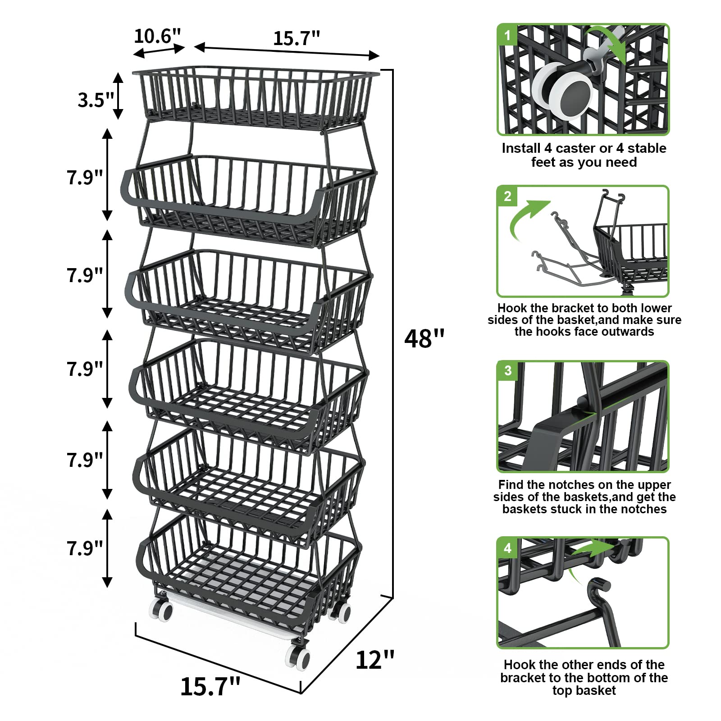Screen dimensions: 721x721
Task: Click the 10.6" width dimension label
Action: point(157,36)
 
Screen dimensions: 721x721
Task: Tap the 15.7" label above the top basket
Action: point(297,38)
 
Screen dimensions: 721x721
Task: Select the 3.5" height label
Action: point(96,100)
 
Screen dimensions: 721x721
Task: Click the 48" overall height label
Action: point(424,338)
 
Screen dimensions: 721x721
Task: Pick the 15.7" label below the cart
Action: point(210,686)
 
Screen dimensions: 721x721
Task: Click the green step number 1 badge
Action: point(508,35)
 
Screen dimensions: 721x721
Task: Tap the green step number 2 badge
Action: point(508,196)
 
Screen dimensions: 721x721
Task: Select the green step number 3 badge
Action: point(508,370)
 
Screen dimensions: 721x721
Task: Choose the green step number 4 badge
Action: point(508,548)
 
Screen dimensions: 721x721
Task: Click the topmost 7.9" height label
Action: point(85,177)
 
